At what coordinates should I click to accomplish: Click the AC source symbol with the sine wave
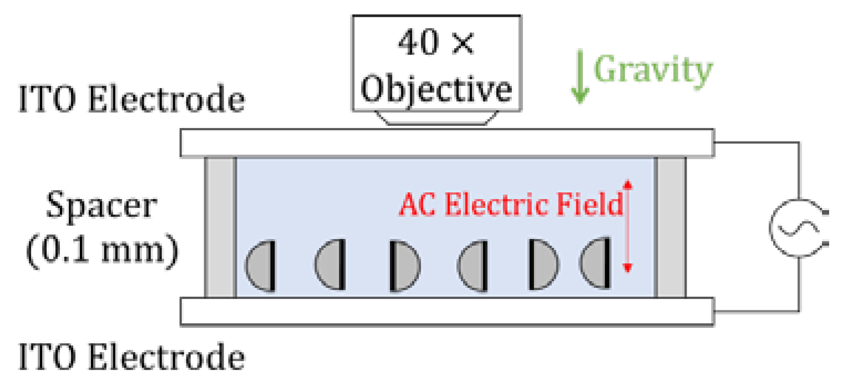coord(795,227)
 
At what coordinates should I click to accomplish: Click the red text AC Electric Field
coord(511,206)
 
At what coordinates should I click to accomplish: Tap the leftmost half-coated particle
coord(261,266)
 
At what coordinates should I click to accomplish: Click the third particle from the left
coord(404,266)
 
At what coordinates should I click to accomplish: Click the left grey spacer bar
coord(220,227)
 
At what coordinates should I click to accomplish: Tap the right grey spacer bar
coord(671,227)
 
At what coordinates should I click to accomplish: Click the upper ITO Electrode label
coord(131,101)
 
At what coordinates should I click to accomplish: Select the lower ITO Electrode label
coord(131,358)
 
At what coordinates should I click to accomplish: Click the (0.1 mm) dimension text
coord(102,250)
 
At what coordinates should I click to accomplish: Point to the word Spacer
coord(101,206)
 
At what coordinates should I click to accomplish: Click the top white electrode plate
coord(446,143)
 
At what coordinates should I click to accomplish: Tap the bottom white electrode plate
coord(446,311)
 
